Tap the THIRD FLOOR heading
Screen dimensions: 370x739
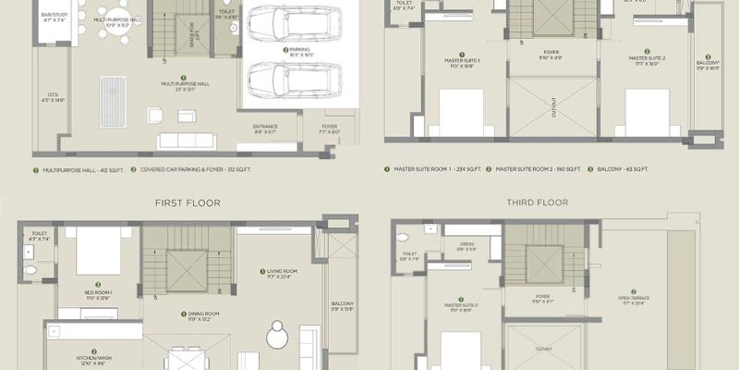tap(537, 202)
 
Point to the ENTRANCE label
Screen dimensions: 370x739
tap(265, 129)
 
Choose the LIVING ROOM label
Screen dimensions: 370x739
tap(277, 273)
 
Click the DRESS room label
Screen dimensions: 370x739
tap(467, 246)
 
